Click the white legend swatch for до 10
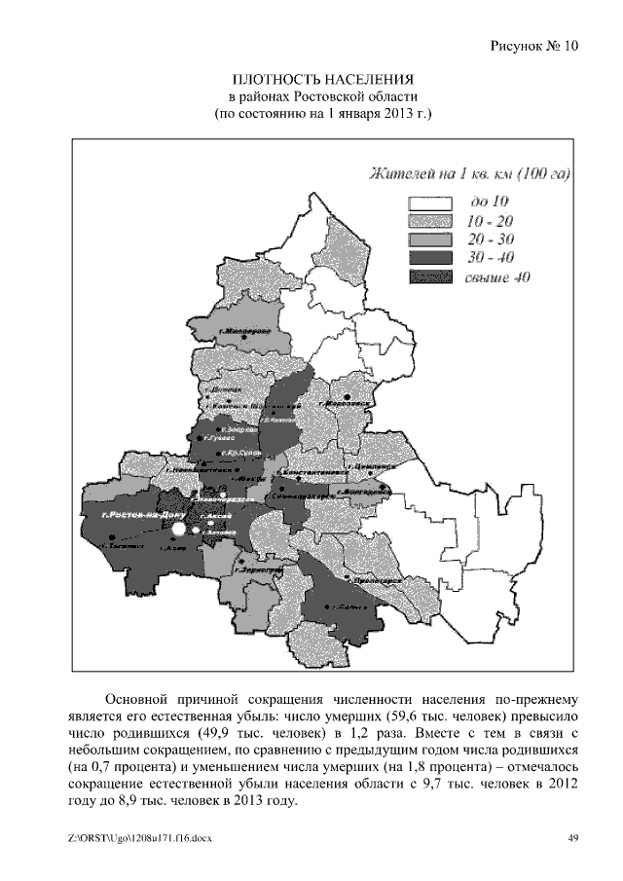tap(429, 202)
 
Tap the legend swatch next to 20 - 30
tap(429, 239)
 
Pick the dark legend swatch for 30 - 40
tap(429, 258)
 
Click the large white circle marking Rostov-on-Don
tap(179, 529)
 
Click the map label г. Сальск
tap(348, 606)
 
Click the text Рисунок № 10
tap(533, 45)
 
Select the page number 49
tap(573, 840)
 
